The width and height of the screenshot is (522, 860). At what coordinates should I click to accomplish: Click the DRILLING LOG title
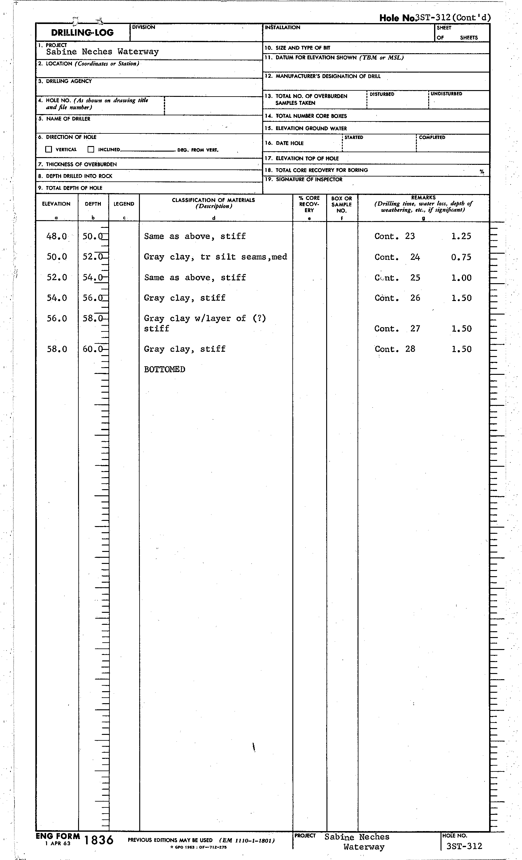click(x=82, y=33)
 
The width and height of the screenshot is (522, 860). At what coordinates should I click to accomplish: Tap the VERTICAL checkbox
click(x=49, y=149)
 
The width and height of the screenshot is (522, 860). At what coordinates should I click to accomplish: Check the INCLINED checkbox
click(x=91, y=149)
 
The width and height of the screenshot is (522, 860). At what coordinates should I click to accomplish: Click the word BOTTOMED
click(x=164, y=369)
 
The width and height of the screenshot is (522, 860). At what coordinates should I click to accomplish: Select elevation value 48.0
click(x=57, y=236)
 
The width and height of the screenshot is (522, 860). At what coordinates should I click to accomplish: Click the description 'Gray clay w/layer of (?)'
click(x=205, y=318)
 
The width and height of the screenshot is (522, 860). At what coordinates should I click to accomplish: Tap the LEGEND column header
click(x=124, y=204)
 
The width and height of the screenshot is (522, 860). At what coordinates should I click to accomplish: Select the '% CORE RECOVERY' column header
click(x=309, y=204)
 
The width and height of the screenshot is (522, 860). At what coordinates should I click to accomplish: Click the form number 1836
click(x=99, y=840)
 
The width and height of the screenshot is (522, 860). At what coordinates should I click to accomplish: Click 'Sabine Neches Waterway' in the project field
click(x=102, y=52)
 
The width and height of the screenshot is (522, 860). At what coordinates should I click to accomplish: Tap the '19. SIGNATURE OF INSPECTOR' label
click(x=303, y=179)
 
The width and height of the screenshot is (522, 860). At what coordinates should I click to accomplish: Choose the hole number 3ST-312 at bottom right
click(x=464, y=846)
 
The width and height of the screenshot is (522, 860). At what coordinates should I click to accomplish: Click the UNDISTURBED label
click(x=446, y=94)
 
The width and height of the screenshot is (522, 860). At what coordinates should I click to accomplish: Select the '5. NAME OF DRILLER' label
click(x=65, y=119)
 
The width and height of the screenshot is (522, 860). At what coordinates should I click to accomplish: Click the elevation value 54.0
click(x=57, y=298)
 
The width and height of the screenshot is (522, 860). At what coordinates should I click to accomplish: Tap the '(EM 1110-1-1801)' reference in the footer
click(x=247, y=840)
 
